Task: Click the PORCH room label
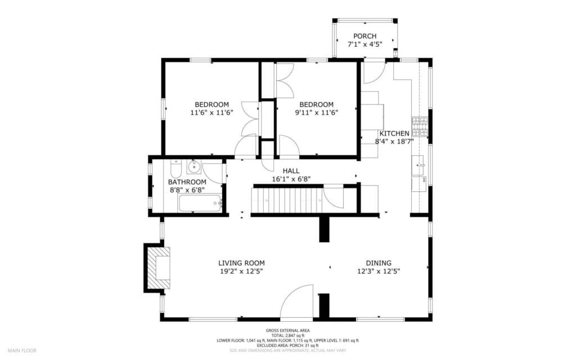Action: click(x=364, y=36)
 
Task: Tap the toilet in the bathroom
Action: click(x=176, y=169)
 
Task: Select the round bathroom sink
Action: click(x=194, y=166)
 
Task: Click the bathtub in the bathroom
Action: click(x=200, y=203)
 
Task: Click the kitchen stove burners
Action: click(x=420, y=127)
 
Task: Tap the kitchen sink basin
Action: click(x=418, y=165)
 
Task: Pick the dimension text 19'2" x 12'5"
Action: click(x=241, y=272)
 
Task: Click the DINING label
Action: click(x=379, y=263)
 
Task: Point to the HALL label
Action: click(x=291, y=171)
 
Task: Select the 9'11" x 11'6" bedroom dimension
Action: click(x=317, y=112)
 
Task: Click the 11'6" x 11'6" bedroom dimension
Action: click(x=211, y=112)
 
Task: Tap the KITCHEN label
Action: click(x=394, y=134)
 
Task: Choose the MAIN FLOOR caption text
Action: click(x=22, y=350)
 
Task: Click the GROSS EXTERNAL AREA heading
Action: click(x=287, y=331)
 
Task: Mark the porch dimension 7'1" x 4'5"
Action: click(x=364, y=44)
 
